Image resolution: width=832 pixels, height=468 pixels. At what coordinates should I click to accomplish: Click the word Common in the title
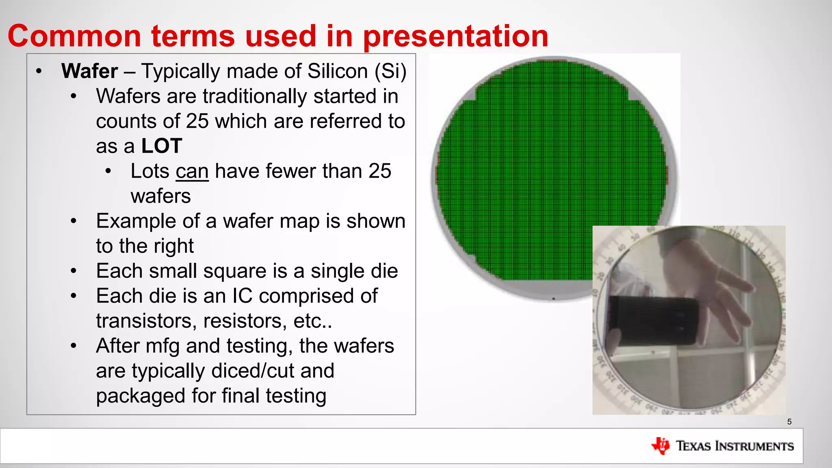[74, 36]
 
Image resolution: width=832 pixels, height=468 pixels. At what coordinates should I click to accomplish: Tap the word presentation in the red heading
[455, 37]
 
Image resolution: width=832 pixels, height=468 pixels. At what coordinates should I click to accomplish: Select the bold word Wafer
[89, 71]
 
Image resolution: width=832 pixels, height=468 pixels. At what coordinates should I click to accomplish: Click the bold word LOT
[161, 146]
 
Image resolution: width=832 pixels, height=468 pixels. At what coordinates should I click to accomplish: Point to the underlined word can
[192, 171]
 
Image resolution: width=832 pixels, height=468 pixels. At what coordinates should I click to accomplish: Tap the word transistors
[143, 321]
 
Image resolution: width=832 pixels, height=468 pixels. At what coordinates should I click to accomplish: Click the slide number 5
[789, 422]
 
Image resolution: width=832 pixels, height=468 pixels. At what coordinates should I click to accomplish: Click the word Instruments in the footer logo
[754, 446]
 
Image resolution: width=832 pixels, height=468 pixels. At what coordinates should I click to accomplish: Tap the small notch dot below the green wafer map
[553, 299]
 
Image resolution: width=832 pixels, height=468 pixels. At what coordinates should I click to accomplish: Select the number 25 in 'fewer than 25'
[379, 171]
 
